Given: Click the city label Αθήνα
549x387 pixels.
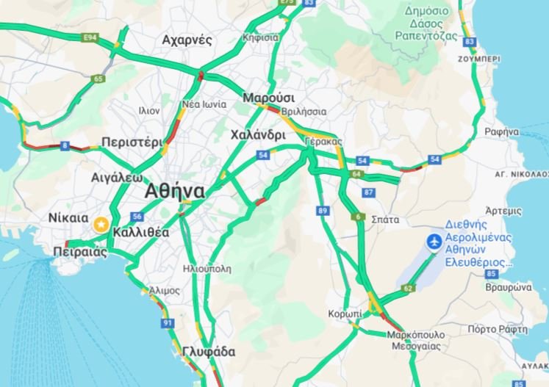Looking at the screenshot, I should click(175, 191).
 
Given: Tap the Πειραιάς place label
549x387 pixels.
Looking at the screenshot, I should click(80, 252).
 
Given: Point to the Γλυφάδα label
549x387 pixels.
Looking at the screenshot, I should click(210, 352).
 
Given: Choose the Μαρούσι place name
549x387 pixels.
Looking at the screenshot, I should click(268, 98).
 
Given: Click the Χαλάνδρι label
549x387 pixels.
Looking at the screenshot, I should click(257, 135).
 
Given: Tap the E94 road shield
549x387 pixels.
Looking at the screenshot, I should click(91, 36).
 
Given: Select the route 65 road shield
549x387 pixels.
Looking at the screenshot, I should click(98, 79).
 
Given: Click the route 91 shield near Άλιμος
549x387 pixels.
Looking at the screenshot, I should click(168, 323).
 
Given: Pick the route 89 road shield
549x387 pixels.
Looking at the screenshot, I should click(323, 211).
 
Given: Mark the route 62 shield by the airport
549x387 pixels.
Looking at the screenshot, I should click(408, 289).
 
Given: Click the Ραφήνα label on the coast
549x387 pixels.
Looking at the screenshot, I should click(502, 131).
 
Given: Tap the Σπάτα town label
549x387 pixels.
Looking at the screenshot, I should click(386, 219).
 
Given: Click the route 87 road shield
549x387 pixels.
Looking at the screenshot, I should click(369, 192).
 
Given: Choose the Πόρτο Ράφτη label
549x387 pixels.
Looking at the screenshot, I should click(497, 329).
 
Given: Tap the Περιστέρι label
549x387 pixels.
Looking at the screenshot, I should click(132, 142).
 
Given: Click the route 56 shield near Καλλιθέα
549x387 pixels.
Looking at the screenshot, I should click(137, 216).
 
